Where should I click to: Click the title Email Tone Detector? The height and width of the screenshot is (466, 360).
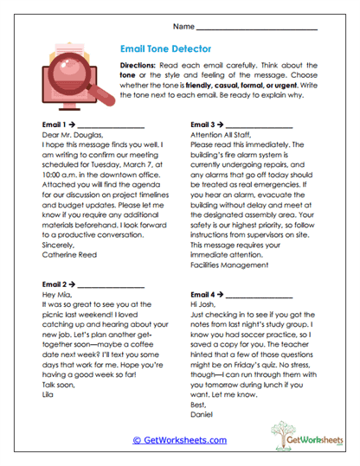pos(164,49)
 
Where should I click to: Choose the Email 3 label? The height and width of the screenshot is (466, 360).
pos(202,124)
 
